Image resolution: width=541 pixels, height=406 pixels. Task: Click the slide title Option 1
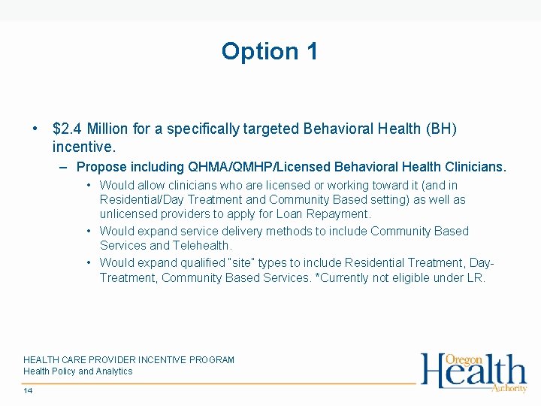click(270, 51)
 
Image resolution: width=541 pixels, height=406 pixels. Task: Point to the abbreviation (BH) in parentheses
click(440, 129)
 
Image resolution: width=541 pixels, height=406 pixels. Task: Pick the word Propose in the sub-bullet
click(101, 166)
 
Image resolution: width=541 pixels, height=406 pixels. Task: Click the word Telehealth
click(203, 246)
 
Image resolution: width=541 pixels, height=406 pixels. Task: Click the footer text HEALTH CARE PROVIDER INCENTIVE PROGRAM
click(128, 360)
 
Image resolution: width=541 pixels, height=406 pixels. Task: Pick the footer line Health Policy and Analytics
click(77, 371)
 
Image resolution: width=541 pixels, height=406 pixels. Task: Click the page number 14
click(28, 391)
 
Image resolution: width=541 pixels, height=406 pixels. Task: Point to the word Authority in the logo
click(509, 388)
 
